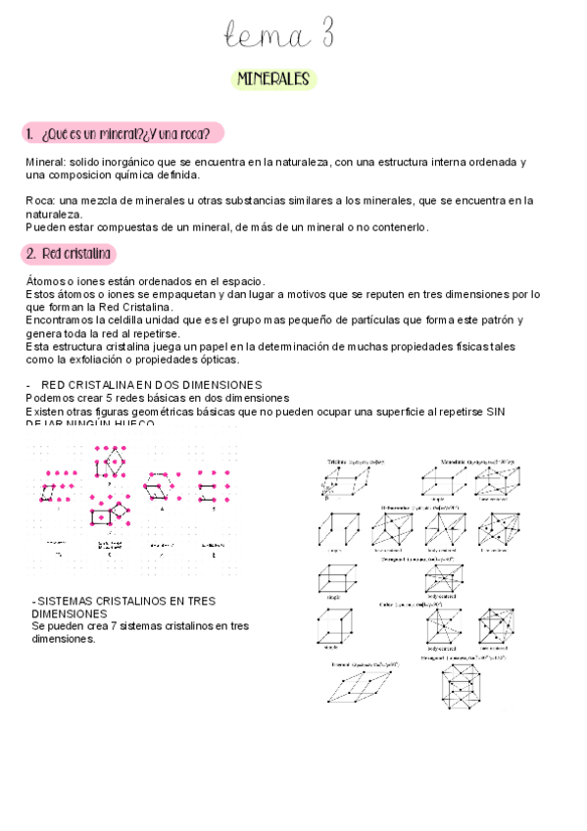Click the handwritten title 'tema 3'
click(279, 36)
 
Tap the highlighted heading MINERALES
click(273, 78)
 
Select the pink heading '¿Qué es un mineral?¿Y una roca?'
click(125, 133)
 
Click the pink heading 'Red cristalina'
click(71, 254)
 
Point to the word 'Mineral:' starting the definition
click(45, 162)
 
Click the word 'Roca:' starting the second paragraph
click(41, 201)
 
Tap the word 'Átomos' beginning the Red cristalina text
click(45, 281)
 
